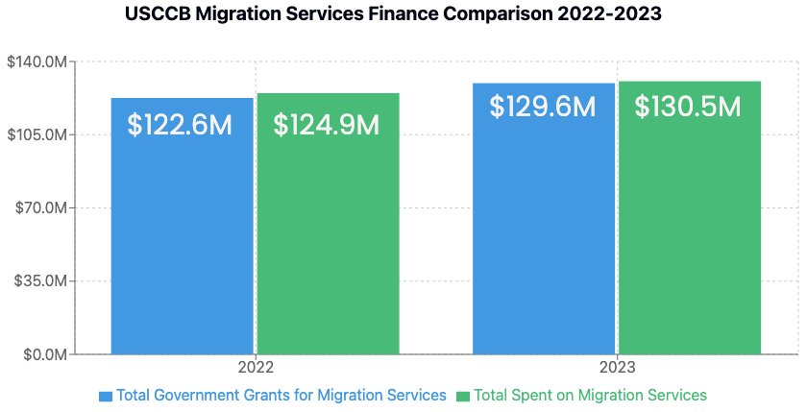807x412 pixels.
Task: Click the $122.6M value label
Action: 181,125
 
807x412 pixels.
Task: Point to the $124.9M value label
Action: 327,125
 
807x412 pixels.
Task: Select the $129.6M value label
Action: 543,107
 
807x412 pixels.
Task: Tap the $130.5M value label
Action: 688,107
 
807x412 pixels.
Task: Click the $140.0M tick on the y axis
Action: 37,62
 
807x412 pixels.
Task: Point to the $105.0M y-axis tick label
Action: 37,135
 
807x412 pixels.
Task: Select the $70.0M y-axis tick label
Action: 39,208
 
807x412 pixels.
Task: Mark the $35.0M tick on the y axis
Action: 39,281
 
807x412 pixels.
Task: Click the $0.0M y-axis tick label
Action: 42,354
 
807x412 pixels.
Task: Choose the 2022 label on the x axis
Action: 256,368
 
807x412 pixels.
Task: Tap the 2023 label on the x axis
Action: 617,368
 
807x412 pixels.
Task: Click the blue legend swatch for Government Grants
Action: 106,396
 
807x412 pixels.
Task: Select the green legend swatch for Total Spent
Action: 463,396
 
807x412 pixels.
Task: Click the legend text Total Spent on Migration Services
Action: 590,395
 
